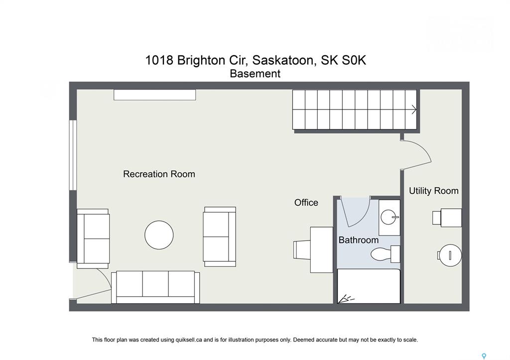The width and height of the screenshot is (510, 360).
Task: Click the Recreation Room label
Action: point(159,174)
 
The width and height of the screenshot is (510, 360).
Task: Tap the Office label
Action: point(306,203)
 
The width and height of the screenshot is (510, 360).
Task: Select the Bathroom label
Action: point(359,240)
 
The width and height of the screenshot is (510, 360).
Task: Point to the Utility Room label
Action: point(434,191)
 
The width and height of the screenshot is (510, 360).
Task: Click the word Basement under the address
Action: point(255,74)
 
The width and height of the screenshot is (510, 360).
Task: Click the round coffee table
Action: point(159,235)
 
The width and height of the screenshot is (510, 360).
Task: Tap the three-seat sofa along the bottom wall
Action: point(155,287)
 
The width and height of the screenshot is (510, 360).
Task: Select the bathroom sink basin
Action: point(389,217)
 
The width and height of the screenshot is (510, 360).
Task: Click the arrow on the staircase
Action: point(414,110)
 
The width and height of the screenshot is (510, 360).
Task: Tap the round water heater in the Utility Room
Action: point(450,255)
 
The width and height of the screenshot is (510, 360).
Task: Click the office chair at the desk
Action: point(302,249)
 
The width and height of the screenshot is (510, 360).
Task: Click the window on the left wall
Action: point(73,155)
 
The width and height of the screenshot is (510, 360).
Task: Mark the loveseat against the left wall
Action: point(93,239)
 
